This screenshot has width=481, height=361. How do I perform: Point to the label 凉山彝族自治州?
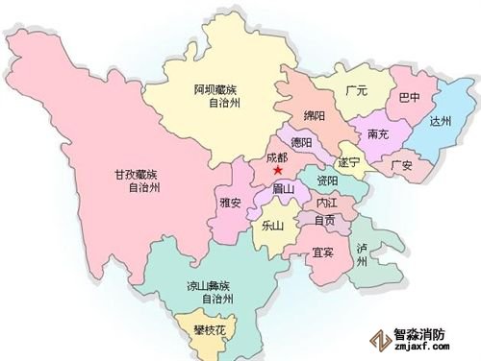click(x=209, y=292)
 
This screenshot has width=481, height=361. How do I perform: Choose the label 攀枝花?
click(x=206, y=331)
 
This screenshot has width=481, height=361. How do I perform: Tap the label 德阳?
click(x=303, y=143)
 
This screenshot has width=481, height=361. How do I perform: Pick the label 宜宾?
click(x=323, y=253)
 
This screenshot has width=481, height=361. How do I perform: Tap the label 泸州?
click(x=361, y=255)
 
